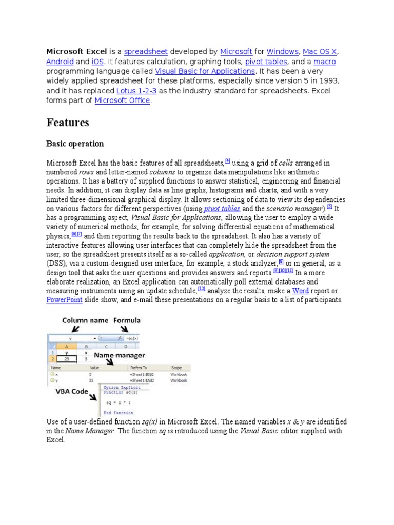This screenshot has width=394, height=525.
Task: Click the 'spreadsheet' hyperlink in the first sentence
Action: click(x=145, y=52)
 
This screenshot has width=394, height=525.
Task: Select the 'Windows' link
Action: click(x=283, y=52)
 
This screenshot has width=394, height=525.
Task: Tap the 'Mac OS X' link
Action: click(x=320, y=52)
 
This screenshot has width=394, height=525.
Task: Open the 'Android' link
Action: click(x=60, y=62)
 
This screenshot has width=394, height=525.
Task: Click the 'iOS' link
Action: click(x=97, y=62)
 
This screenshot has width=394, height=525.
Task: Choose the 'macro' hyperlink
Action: click(x=324, y=62)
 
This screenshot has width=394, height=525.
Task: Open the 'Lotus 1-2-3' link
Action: click(x=136, y=91)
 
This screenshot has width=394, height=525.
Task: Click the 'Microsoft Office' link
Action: click(x=122, y=100)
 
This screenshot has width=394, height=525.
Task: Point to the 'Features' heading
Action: click(x=68, y=123)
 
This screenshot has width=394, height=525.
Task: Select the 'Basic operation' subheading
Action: click(x=75, y=144)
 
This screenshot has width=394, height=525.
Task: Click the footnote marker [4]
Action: click(x=227, y=161)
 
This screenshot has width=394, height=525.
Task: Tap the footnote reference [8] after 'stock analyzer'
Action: click(x=281, y=261)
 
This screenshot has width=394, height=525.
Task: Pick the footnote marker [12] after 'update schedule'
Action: click(x=201, y=289)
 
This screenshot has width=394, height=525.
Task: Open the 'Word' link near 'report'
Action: click(x=300, y=291)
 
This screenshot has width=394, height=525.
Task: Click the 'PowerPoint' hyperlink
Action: click(x=64, y=300)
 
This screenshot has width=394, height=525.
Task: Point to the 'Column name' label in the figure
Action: click(x=85, y=321)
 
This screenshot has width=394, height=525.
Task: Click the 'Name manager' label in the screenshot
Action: click(x=119, y=355)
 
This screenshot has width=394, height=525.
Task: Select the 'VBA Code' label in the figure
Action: click(x=72, y=391)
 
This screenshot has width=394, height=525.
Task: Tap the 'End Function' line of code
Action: click(x=119, y=413)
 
